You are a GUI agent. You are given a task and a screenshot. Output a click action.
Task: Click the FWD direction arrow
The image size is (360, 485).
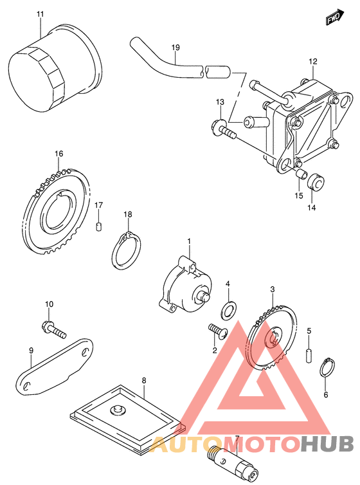coord(336,17)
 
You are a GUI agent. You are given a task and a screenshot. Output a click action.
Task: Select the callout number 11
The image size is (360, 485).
coord(40,14)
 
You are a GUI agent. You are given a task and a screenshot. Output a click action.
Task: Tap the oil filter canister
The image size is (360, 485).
coord(54,68)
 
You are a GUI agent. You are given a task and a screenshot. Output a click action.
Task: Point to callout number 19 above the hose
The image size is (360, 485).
coord(175,48)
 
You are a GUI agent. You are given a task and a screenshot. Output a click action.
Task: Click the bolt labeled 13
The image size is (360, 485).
coord(224,129)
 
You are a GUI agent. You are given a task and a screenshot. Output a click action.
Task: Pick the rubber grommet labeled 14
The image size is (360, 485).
coord(316,182)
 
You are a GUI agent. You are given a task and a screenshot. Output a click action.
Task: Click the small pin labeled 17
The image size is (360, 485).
coord(98,226)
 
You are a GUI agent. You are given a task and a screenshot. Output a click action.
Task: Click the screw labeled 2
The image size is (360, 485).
coord(218,331)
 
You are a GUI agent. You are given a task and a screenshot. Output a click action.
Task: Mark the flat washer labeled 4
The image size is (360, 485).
coord(229,310)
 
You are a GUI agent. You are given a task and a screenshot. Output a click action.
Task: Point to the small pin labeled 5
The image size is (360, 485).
coord(309,355)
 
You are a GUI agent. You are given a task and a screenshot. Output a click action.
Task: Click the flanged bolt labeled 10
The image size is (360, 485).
coord(53,330)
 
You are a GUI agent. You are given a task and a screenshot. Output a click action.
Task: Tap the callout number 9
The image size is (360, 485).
coord(31,351)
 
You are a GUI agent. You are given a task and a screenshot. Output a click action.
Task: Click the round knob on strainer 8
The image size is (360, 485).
coord(118,410)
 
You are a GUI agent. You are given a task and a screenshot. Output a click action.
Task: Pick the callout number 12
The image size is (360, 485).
coord(312,62)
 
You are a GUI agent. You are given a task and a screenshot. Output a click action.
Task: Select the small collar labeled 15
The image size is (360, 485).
coord(301,174)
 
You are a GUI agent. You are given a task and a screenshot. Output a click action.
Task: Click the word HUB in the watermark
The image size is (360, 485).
coord(327,444)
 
